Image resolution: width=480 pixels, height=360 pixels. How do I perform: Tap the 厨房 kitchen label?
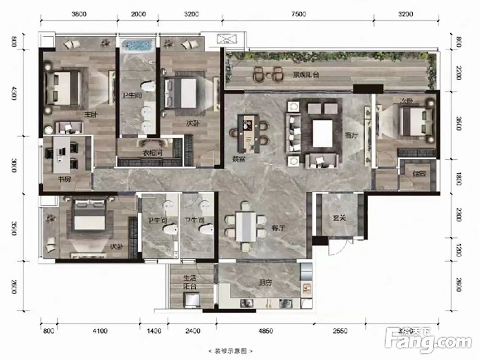click(x=265, y=283)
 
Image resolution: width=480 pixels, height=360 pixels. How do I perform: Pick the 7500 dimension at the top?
click(x=298, y=14)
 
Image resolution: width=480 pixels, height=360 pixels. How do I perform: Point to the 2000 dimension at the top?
click(x=138, y=14)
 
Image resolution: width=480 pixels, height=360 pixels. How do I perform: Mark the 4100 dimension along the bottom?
click(x=99, y=331)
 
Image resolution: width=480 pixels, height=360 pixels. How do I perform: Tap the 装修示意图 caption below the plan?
click(x=226, y=351)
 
